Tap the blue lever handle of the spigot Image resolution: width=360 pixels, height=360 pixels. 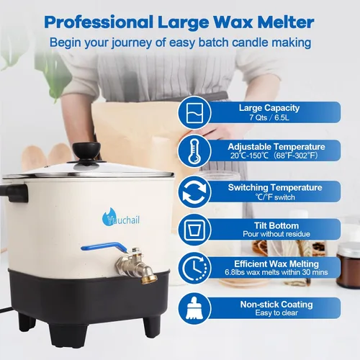[x=104, y=247]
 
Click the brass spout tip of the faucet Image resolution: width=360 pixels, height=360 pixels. [x=149, y=279]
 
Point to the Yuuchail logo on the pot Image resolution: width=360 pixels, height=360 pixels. [x=121, y=217]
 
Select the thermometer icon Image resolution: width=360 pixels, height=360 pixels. [x=194, y=151]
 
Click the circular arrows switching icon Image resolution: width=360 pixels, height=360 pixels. [x=194, y=192]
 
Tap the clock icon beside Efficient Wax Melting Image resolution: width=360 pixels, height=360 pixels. [x=194, y=268]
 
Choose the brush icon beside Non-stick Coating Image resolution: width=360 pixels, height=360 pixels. [x=194, y=308]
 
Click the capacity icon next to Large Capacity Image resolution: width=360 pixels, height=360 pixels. [x=194, y=112]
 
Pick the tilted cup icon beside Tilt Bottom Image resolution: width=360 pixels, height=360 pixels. [x=194, y=230]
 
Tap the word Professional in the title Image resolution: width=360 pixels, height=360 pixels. [x=99, y=22]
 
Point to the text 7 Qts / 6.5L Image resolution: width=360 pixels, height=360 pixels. [x=269, y=118]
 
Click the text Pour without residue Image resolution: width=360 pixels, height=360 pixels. [x=276, y=234]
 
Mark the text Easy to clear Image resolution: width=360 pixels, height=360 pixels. [x=276, y=313]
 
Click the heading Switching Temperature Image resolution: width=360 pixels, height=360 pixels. [x=275, y=187]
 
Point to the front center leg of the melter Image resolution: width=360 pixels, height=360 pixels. [x=68, y=335]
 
